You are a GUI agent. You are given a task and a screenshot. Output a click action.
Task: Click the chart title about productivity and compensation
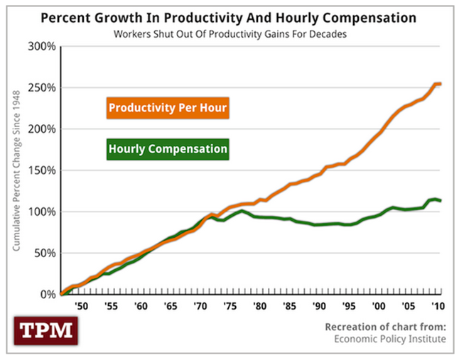tap(227, 16)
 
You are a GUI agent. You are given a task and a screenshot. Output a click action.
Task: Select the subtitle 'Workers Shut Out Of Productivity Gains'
tap(227, 33)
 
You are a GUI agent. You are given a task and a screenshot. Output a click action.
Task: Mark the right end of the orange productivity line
tap(441, 84)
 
